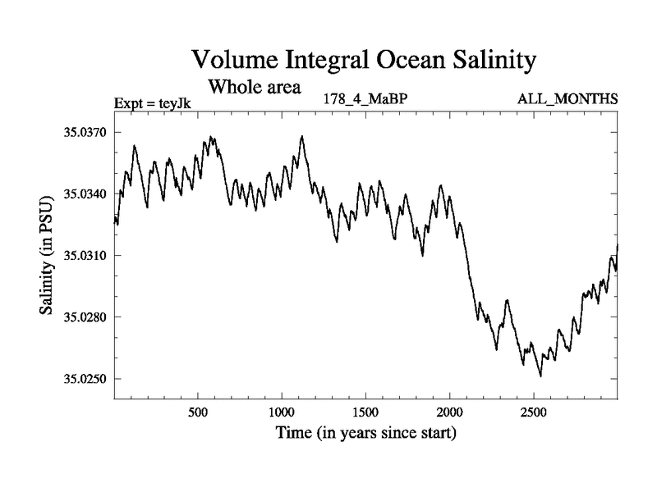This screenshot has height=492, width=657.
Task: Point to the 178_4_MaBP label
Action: [365, 100]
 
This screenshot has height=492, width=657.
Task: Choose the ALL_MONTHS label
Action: [567, 100]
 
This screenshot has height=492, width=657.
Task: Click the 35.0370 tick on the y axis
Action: [86, 132]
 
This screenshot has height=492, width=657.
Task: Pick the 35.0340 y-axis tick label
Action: [86, 194]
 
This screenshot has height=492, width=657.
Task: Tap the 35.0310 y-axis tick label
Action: [86, 255]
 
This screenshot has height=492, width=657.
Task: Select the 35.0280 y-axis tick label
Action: [86, 317]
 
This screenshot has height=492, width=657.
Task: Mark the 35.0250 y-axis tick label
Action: [86, 378]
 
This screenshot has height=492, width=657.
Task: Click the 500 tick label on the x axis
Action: [197, 411]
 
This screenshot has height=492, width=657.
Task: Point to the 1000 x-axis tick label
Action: [282, 411]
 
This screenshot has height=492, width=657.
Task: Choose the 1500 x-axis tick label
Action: [365, 411]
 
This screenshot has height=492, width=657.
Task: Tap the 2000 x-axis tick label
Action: [450, 411]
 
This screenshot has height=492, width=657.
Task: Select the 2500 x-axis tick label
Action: [534, 411]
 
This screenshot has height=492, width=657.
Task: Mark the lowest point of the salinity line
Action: [540, 376]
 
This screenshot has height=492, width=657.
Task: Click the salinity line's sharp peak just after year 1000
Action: [302, 136]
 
